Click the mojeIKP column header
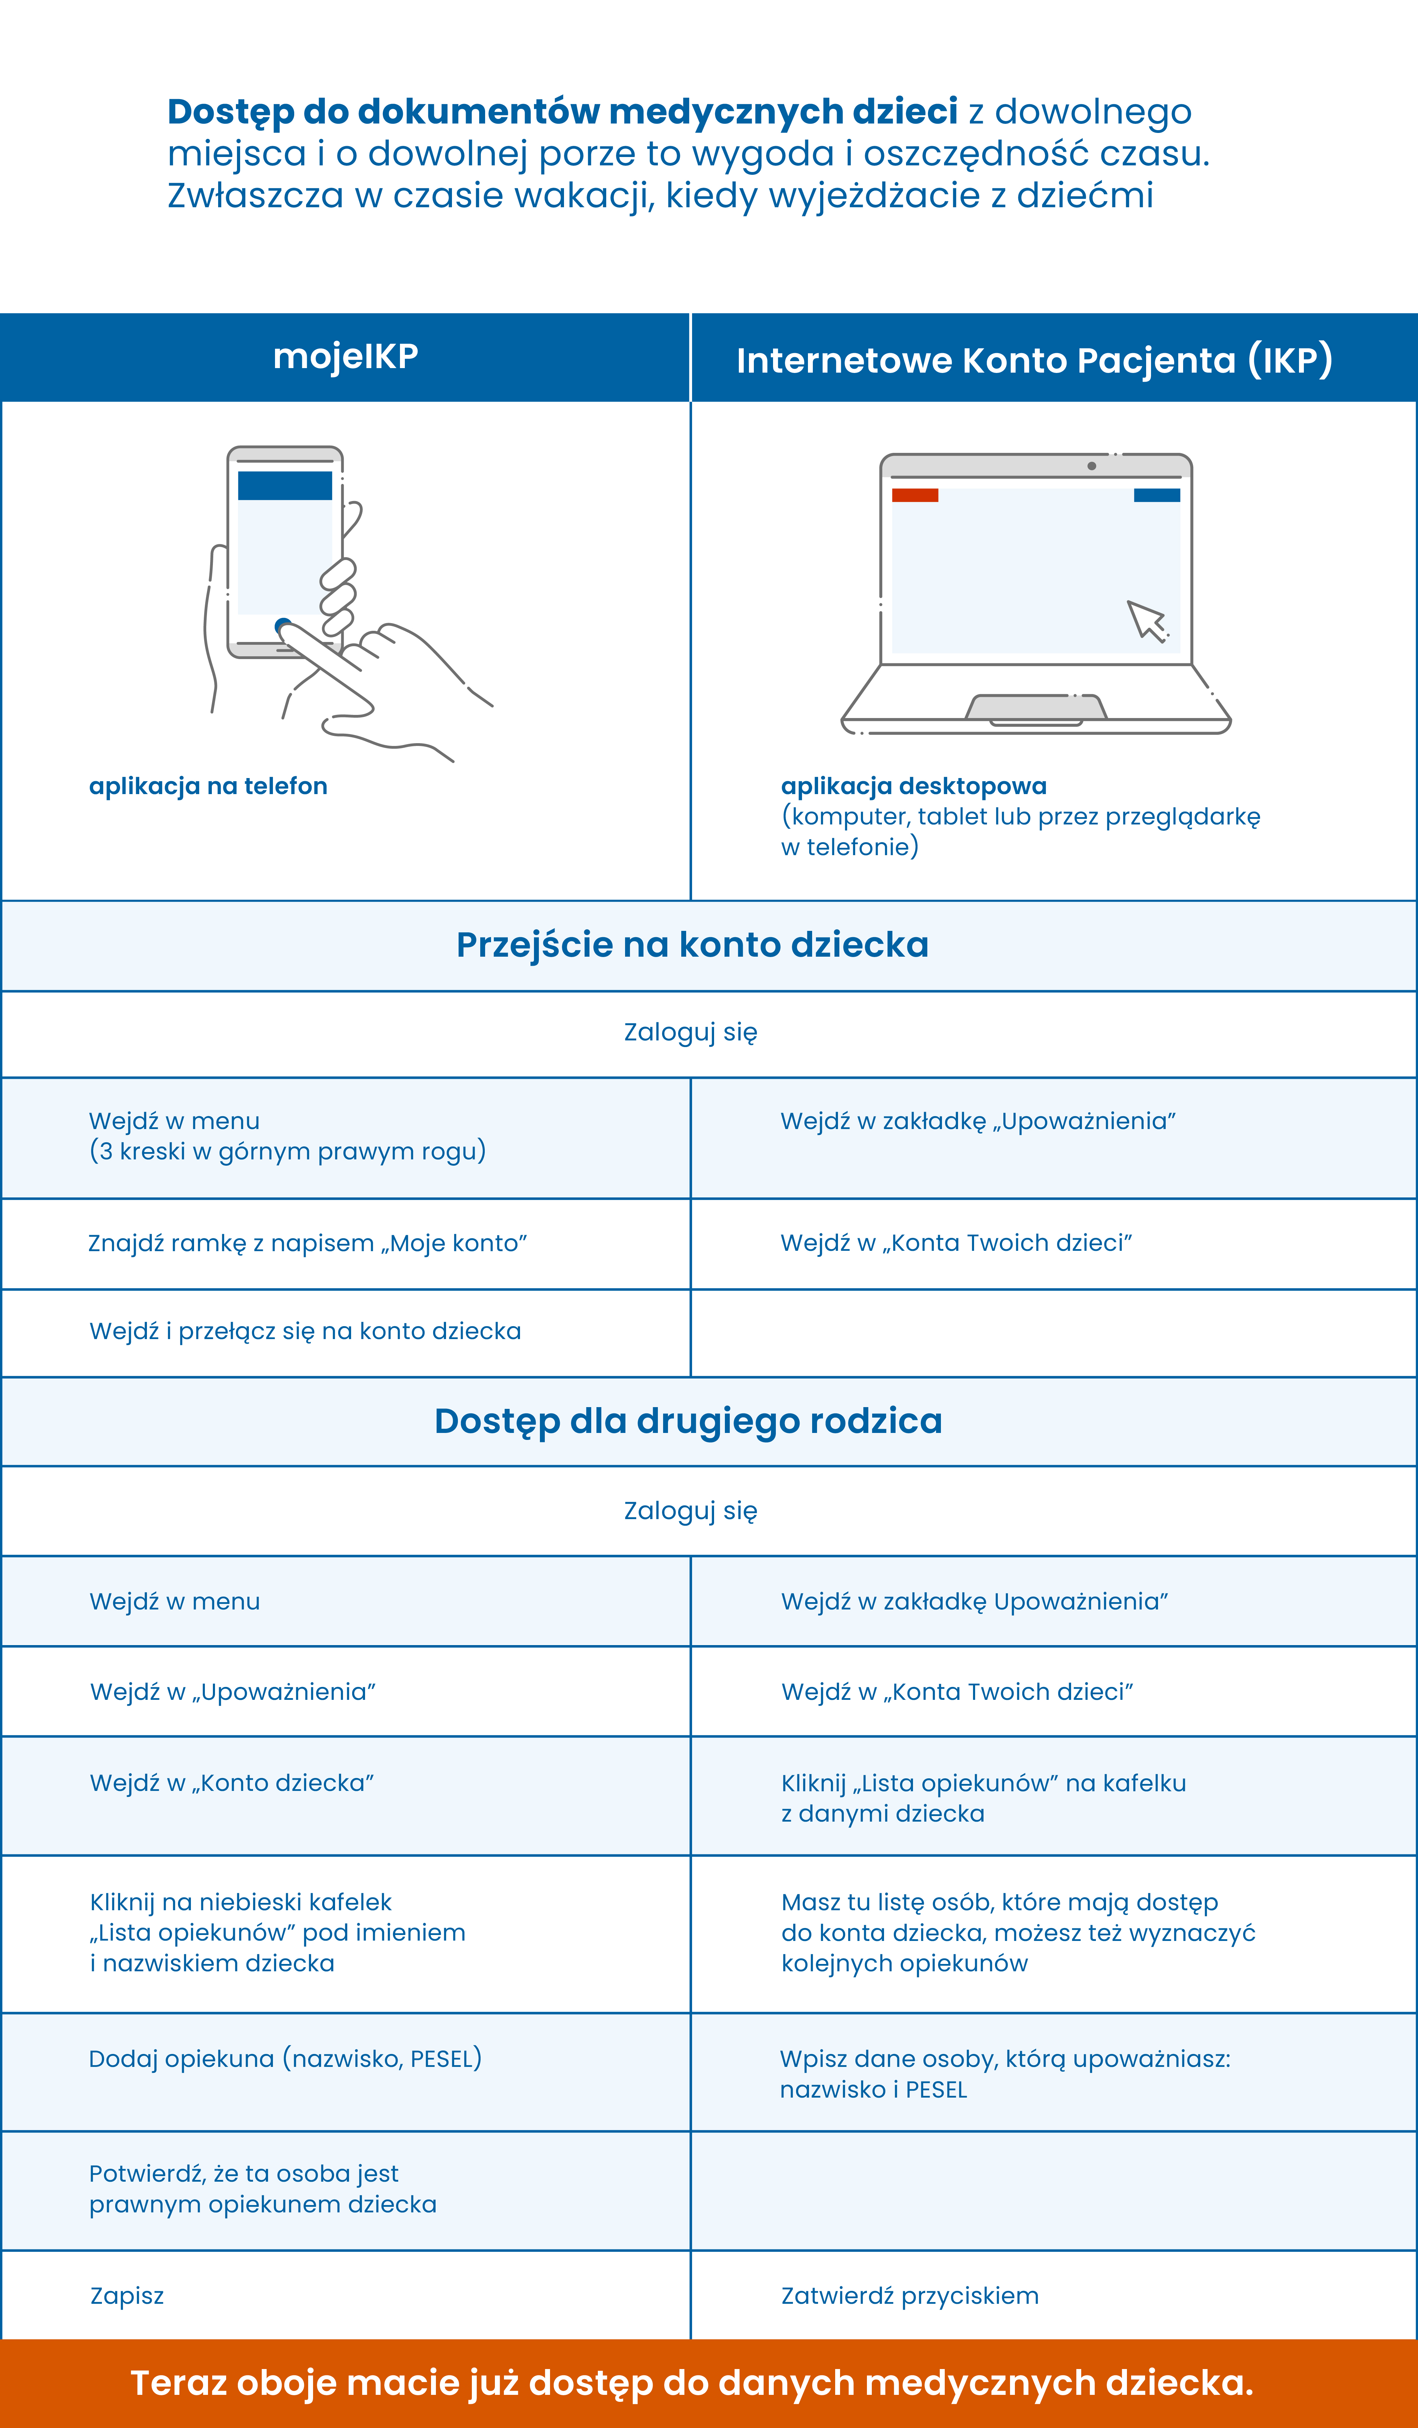(x=345, y=357)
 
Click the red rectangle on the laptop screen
(x=915, y=495)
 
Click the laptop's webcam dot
(x=1091, y=466)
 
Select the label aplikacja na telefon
(x=208, y=786)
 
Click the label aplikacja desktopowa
(x=913, y=786)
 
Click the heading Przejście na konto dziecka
(x=692, y=945)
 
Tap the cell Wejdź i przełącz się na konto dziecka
(x=305, y=1331)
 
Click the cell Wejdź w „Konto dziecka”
(x=231, y=1783)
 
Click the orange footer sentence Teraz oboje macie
(x=692, y=2383)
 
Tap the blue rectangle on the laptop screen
(x=1157, y=495)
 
